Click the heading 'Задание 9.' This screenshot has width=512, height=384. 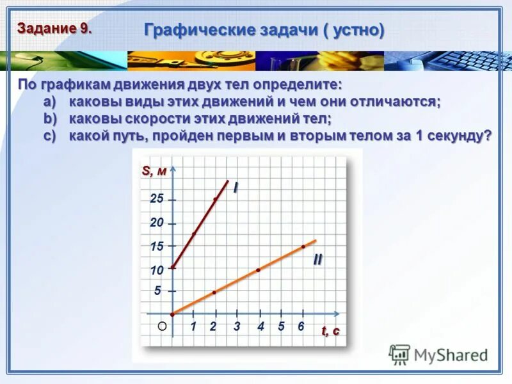pos(54,28)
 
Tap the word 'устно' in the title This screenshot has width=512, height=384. pos(359,29)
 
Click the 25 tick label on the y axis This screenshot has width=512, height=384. pos(157,199)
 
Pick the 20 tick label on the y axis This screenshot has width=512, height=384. pos(157,223)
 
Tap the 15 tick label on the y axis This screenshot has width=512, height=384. pos(157,246)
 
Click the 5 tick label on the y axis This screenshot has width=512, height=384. pos(157,291)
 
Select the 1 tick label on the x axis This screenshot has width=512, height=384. pos(193,326)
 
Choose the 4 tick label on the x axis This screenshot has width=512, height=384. pos(260,326)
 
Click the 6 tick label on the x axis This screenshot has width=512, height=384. pos(301,326)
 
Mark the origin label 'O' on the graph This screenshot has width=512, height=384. pos(162,326)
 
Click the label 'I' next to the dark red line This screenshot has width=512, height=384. pos(235,188)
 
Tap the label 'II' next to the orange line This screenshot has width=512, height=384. pos(317,260)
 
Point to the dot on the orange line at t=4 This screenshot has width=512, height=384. pos(258,270)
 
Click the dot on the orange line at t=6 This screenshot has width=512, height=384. pos(303,246)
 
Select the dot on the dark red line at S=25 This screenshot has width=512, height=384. pos(215,199)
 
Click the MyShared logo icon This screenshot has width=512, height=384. pos(400,354)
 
